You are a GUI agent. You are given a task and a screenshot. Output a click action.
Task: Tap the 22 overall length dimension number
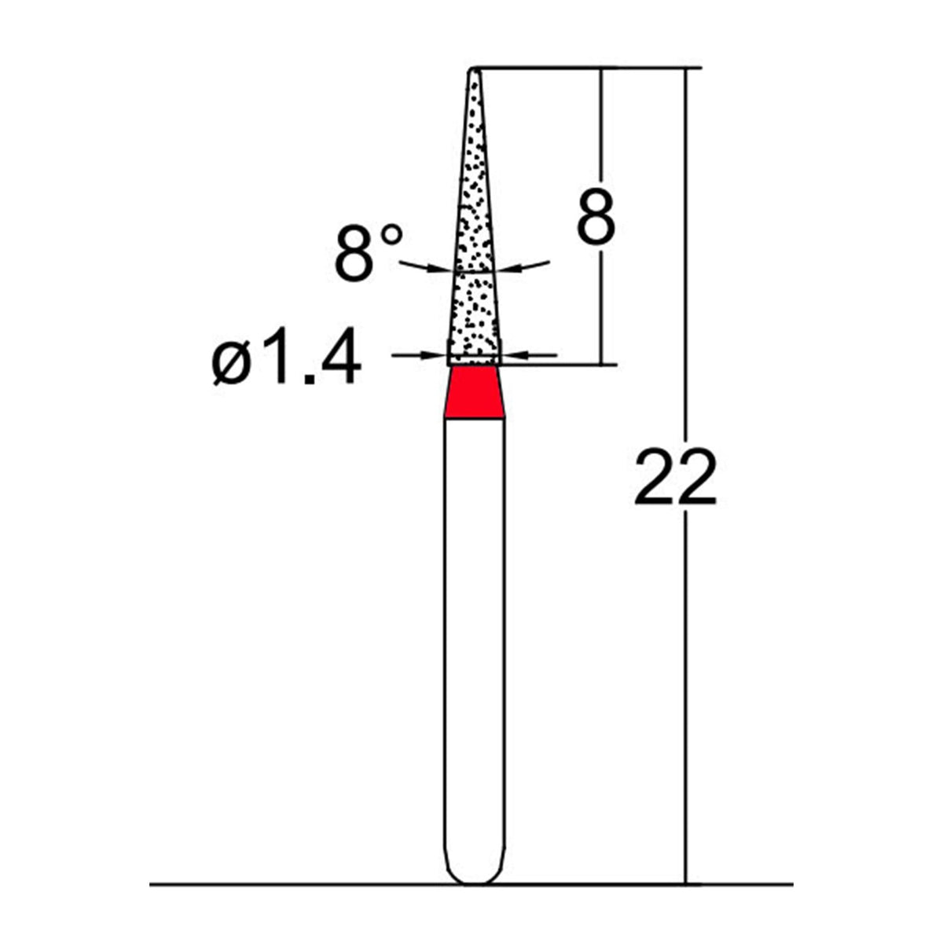(x=675, y=477)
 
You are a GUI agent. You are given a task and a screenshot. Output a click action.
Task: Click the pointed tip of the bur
(x=475, y=72)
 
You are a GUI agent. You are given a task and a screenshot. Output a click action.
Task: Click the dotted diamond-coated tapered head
(x=475, y=236)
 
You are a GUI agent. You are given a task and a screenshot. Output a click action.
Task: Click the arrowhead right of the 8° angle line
(x=512, y=269)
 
